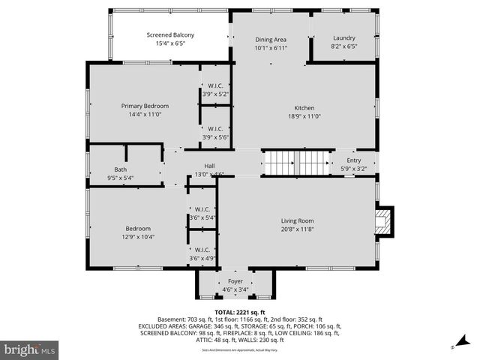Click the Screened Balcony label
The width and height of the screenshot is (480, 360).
point(170,35)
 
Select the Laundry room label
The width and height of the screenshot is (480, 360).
point(344,38)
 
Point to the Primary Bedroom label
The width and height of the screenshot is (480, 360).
point(145,106)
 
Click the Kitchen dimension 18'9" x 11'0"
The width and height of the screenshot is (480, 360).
point(304,116)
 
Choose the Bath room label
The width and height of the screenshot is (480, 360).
point(120,169)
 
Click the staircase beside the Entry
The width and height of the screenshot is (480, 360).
point(296,163)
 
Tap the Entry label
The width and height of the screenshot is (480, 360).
point(353,160)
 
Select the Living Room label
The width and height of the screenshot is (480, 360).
point(297,220)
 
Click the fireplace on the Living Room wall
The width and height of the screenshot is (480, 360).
point(385,221)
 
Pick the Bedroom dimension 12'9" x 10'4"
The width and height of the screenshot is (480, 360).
point(137,237)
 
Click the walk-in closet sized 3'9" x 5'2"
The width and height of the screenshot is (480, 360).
point(215,89)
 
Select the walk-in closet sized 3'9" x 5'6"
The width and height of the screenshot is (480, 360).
point(215,132)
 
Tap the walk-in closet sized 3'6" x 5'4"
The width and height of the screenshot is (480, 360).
point(202,213)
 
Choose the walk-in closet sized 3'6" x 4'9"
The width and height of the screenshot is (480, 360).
point(202,253)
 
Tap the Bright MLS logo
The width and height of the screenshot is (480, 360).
point(29,349)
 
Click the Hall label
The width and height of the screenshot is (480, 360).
point(214,166)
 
